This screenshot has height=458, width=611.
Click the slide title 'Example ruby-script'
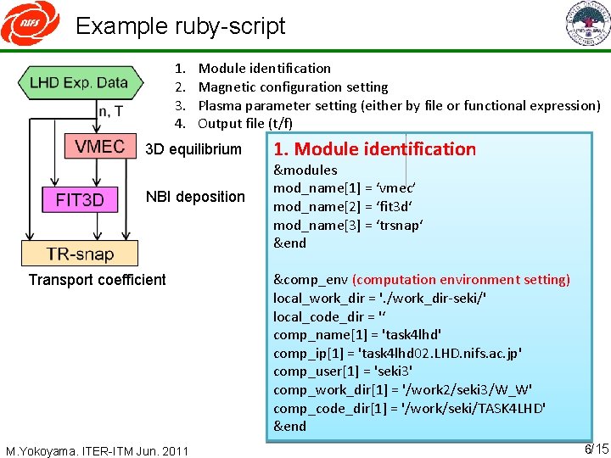pyautogui.click(x=180, y=25)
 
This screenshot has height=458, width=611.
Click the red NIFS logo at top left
pyautogui.click(x=30, y=25)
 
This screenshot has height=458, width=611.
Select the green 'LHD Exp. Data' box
pyautogui.click(x=78, y=83)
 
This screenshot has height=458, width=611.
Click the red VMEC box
pyautogui.click(x=99, y=147)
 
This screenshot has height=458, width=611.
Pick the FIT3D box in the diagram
pyautogui.click(x=80, y=201)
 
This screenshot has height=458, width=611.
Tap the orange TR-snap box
pyautogui.click(x=80, y=253)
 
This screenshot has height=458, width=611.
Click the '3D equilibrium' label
pyautogui.click(x=193, y=149)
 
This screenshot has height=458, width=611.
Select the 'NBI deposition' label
pyautogui.click(x=195, y=197)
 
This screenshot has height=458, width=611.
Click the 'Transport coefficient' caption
pyautogui.click(x=97, y=280)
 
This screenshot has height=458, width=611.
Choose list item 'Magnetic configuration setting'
pyautogui.click(x=292, y=87)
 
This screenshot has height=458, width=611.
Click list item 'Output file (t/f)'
pyautogui.click(x=244, y=124)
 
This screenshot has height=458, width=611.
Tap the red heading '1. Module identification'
pyautogui.click(x=374, y=149)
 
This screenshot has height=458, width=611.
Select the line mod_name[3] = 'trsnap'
pyautogui.click(x=348, y=225)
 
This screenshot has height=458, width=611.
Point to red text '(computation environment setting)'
pyautogui.click(x=461, y=280)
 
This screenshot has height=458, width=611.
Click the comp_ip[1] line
pyautogui.click(x=397, y=353)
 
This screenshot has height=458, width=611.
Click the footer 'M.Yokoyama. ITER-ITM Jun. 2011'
pyautogui.click(x=97, y=450)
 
